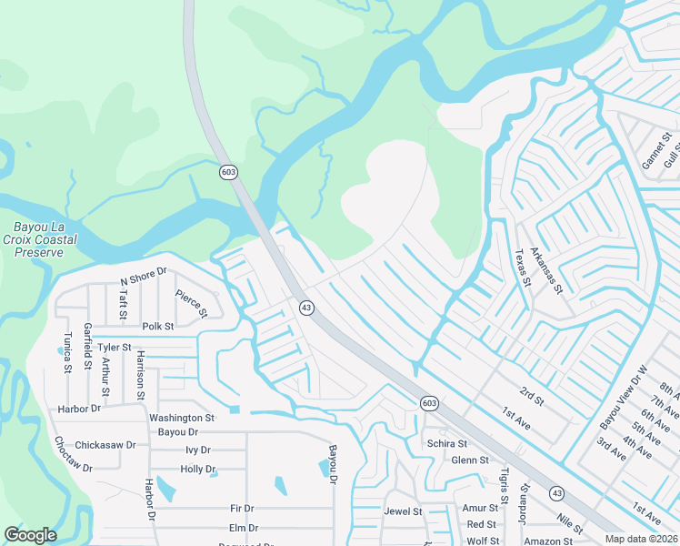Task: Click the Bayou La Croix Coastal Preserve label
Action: (x=45, y=239)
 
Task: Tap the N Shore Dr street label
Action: (x=145, y=277)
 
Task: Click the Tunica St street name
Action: (x=66, y=352)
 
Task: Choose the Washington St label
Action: (x=181, y=418)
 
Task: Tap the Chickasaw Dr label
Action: (x=105, y=445)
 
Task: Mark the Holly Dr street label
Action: (x=196, y=469)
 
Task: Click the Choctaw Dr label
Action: (x=73, y=455)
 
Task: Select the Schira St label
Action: (x=446, y=444)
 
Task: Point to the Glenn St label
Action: (x=471, y=460)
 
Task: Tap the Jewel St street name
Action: (x=404, y=511)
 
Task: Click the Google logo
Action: (x=30, y=535)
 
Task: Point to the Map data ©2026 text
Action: (x=642, y=539)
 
